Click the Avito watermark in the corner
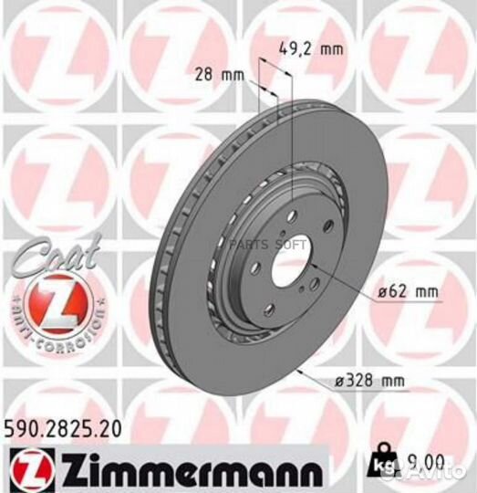[x=447, y=470]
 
